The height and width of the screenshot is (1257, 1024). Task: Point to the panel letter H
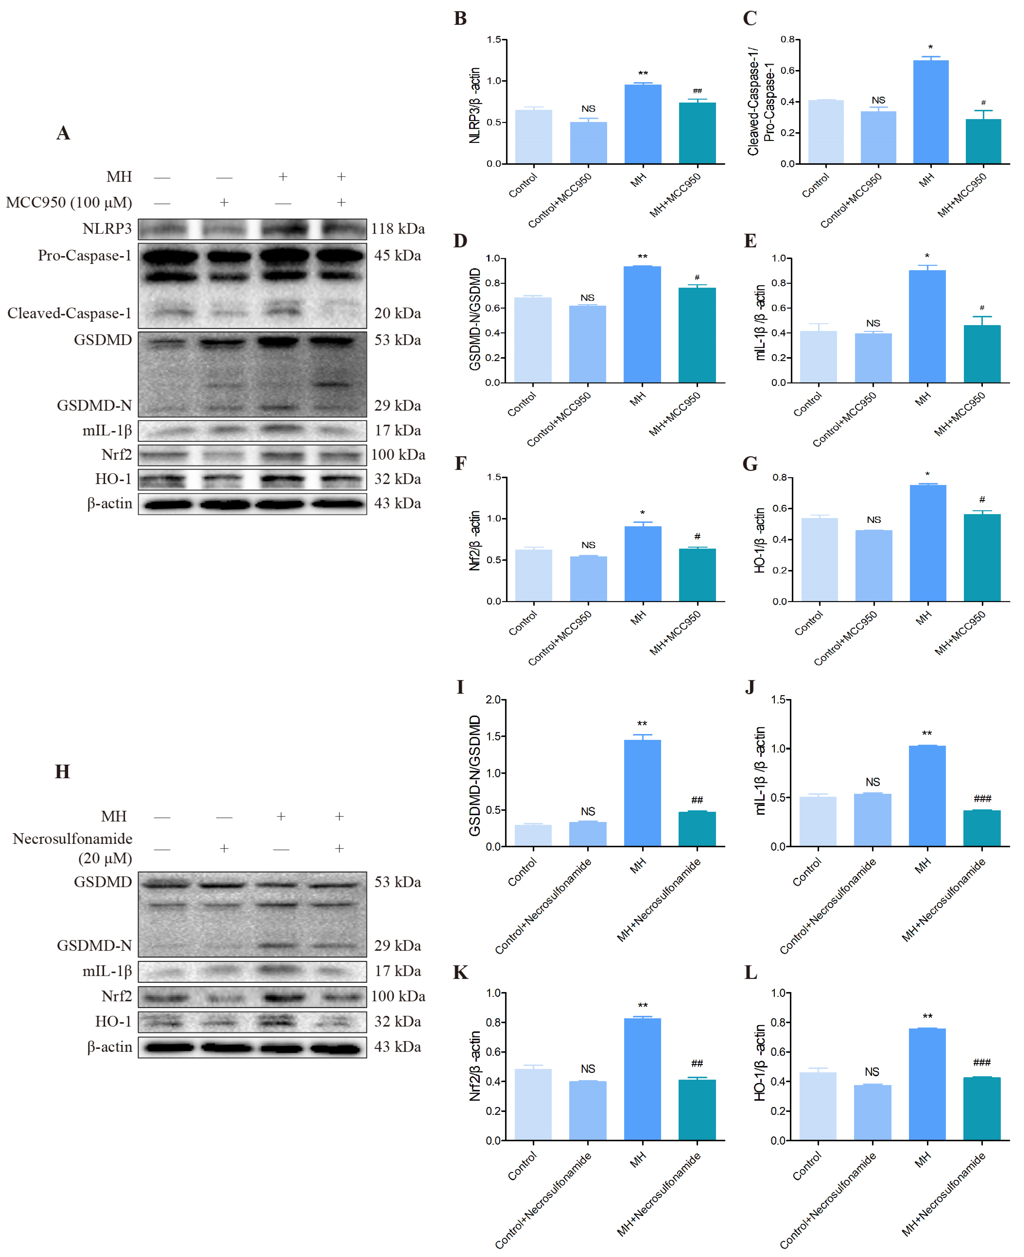pyautogui.click(x=63, y=772)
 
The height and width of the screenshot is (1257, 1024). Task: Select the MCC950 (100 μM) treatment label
pyautogui.click(x=69, y=202)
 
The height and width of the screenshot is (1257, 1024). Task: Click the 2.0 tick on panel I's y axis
pyautogui.click(x=493, y=699)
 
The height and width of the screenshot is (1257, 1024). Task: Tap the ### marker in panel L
pyautogui.click(x=981, y=1062)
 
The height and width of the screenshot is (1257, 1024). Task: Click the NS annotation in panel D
pyautogui.click(x=588, y=298)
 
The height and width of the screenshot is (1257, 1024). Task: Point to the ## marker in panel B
pyautogui.click(x=697, y=91)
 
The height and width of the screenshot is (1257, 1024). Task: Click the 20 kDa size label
pyautogui.click(x=398, y=313)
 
